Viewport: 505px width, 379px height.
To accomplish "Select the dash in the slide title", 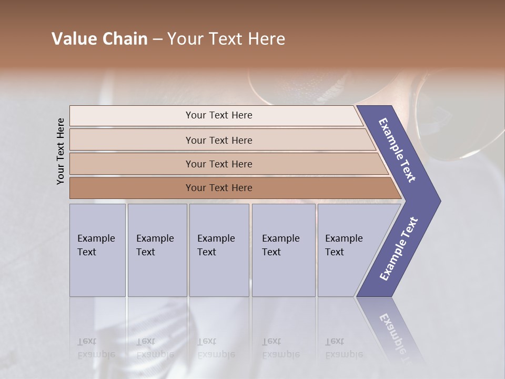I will click(157, 39).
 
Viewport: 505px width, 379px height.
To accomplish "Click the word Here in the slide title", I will click(266, 39).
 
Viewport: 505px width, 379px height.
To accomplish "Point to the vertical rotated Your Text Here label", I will click(60, 151).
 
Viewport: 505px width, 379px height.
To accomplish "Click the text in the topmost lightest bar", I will click(219, 115).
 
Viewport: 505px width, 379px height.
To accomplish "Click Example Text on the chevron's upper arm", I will click(397, 150).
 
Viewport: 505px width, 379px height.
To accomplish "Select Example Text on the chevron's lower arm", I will click(399, 248).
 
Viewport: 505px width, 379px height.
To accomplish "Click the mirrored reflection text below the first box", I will click(96, 348).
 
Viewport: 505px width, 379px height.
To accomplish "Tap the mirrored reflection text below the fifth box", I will click(344, 348).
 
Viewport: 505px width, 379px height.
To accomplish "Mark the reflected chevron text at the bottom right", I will click(396, 334).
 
